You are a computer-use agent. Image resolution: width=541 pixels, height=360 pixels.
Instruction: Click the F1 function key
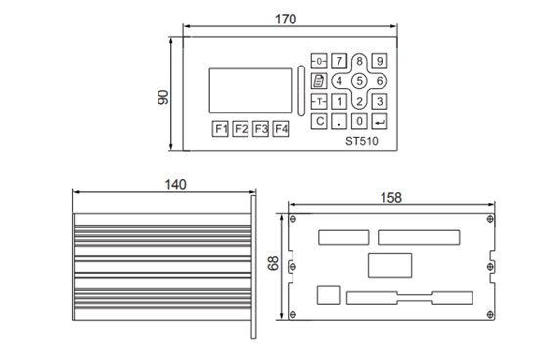pos(220,129)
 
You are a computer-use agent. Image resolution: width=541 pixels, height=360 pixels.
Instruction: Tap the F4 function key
pos(281,129)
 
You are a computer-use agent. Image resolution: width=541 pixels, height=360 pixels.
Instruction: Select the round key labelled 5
pos(359,81)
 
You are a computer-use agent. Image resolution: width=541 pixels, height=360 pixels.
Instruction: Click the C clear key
pos(319,121)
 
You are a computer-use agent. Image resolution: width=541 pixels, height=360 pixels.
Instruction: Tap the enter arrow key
pos(380,121)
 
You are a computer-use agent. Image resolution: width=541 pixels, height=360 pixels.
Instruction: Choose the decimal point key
pos(339,121)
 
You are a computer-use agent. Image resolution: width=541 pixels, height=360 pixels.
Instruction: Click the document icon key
pos(319,81)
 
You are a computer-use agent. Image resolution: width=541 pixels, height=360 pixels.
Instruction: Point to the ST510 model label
pos(362,141)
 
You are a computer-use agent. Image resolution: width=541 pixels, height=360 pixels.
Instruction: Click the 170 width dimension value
pos(286,20)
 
